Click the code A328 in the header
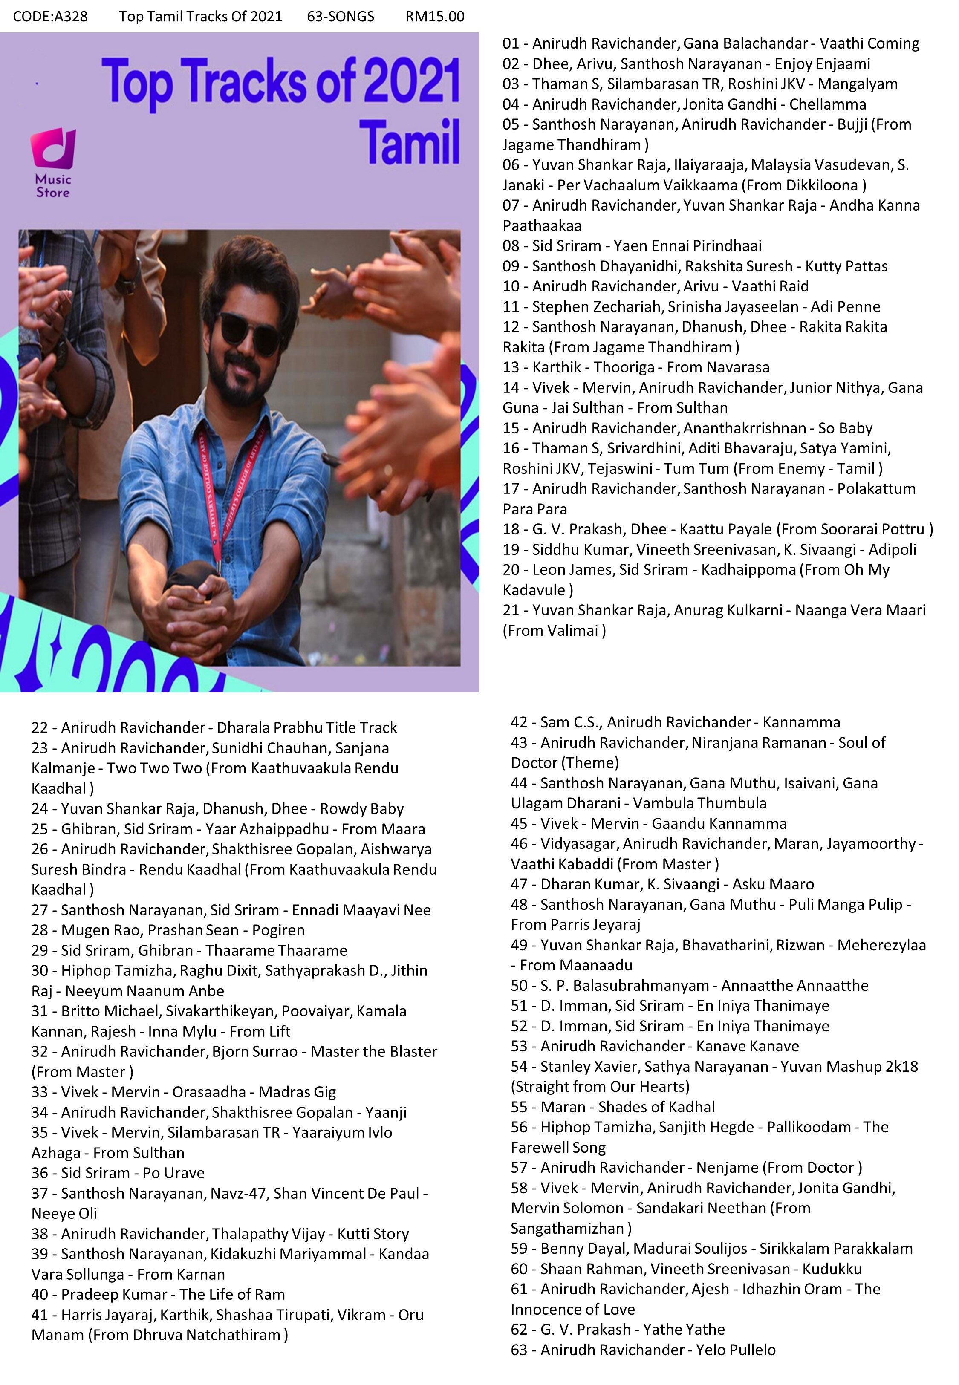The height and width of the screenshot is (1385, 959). pyautogui.click(x=50, y=16)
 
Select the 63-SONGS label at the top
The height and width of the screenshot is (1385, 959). pyautogui.click(x=340, y=16)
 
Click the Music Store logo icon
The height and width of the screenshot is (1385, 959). pyautogui.click(x=53, y=150)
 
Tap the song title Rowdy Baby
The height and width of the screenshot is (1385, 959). pyautogui.click(x=361, y=809)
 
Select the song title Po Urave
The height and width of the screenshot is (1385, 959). pyautogui.click(x=173, y=1173)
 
